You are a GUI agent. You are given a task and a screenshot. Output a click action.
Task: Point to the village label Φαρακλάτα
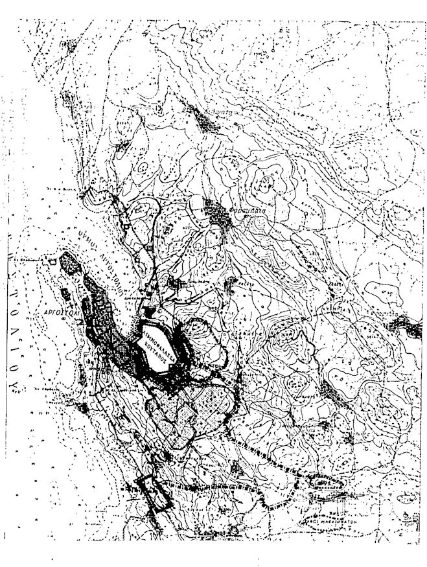(249, 211)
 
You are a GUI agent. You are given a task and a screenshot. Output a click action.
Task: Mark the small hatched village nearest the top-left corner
(65, 45)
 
